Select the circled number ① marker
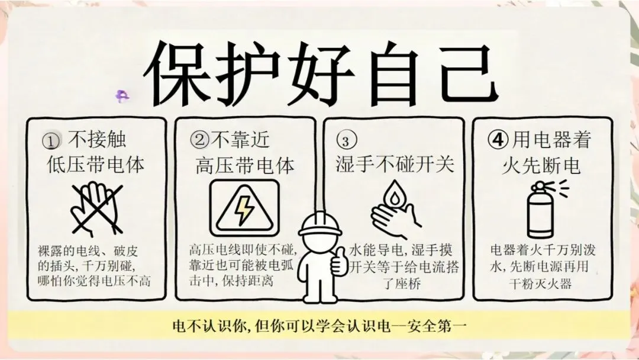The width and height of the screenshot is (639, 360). tap(51, 141)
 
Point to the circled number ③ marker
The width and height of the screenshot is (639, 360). tap(346, 139)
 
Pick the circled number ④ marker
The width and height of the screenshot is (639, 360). tap(498, 140)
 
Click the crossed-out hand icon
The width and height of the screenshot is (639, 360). tap(97, 209)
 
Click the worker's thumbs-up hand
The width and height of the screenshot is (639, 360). tap(339, 260)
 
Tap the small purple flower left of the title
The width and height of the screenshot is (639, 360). tap(122, 97)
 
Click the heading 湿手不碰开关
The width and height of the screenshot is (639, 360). tap(395, 164)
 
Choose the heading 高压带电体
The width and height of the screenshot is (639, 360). tap(244, 166)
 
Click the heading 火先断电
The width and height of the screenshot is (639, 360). tap(541, 166)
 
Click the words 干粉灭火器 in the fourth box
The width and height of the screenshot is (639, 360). tap(540, 284)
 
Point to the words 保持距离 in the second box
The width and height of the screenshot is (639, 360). tap(248, 281)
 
